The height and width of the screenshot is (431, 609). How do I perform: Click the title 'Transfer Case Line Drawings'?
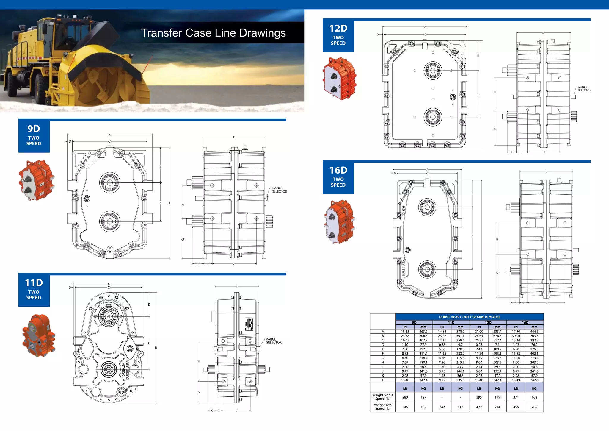point(213,33)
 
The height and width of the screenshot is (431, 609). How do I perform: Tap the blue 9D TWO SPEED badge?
point(34,136)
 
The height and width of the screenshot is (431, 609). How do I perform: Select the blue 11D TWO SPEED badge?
point(34,290)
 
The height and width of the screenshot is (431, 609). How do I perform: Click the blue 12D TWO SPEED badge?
point(338,35)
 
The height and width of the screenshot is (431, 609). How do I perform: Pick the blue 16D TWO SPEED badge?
point(338,177)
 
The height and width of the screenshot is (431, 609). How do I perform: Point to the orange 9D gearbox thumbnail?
point(36,180)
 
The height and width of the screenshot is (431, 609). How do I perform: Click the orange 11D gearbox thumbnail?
point(38,335)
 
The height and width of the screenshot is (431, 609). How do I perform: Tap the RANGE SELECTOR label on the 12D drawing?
point(584,88)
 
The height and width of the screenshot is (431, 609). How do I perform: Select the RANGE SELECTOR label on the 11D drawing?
point(274,341)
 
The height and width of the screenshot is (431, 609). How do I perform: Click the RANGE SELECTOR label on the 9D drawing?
point(280,190)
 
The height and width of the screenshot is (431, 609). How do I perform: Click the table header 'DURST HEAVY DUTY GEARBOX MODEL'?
point(470,317)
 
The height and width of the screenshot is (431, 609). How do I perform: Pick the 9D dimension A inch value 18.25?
point(405,331)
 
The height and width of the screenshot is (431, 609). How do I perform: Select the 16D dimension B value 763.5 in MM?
point(534,336)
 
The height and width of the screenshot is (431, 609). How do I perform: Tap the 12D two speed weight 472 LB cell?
point(479,407)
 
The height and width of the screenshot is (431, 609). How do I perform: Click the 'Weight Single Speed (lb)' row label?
point(383,397)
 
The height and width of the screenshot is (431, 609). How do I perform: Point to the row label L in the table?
point(383,380)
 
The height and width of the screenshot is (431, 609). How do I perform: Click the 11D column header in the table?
point(451,322)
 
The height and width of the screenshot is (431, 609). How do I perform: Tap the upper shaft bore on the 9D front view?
point(110,182)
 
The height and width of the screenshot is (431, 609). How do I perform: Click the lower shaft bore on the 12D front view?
point(433,117)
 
